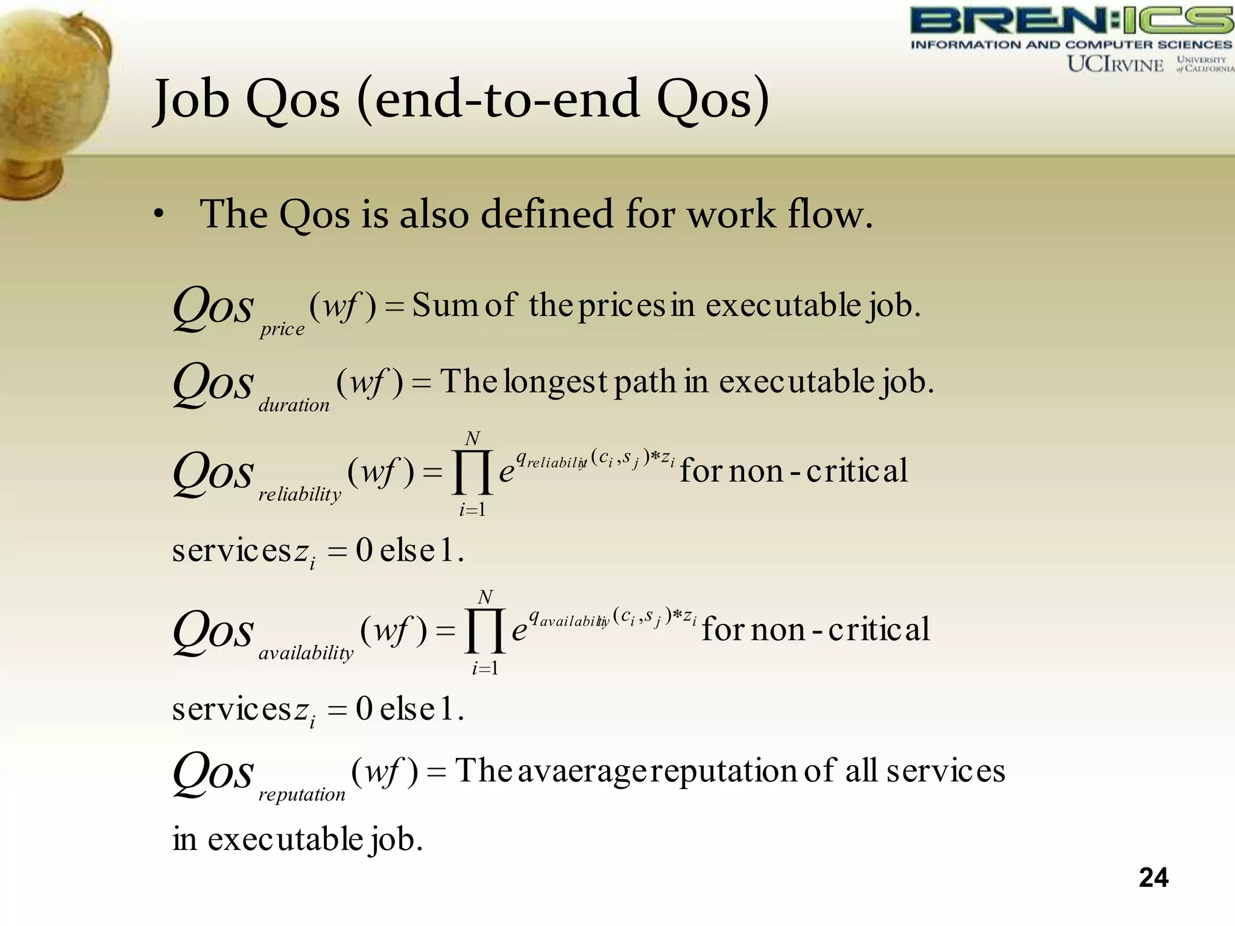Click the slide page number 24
tap(1154, 878)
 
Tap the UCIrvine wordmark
tap(1115, 64)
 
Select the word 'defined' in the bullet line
tap(546, 214)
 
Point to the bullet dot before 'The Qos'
tap(158, 214)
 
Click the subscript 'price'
tap(282, 329)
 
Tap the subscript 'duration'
tap(294, 405)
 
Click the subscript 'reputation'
tap(302, 795)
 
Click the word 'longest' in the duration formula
tap(555, 382)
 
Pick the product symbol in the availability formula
tap(485, 631)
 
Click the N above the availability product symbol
tap(485, 597)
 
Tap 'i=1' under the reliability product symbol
tap(472, 510)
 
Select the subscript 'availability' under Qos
tap(306, 654)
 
